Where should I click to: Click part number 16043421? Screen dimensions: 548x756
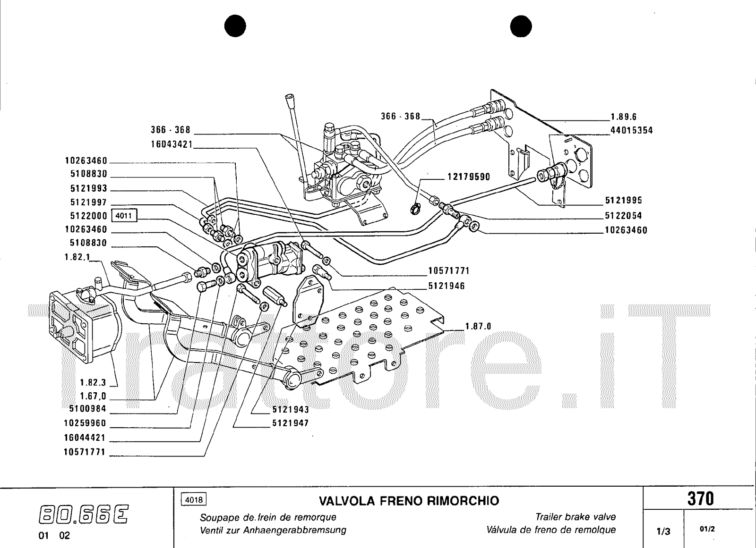[x=172, y=144]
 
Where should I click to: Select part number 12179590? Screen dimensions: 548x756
[x=469, y=177]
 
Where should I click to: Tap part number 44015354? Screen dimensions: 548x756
[x=631, y=130]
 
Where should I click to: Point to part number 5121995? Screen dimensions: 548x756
[x=624, y=201]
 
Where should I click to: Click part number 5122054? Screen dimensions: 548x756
[x=624, y=216]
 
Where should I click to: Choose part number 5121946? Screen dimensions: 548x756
[x=447, y=286]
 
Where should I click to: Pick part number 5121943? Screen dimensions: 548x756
[x=290, y=409]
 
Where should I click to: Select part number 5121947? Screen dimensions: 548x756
[x=290, y=423]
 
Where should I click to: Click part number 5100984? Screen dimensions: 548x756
[x=85, y=409]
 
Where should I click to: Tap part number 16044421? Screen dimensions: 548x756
[x=85, y=438]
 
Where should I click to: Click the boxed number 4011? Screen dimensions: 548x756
[x=123, y=216]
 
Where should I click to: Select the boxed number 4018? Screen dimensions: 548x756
[x=194, y=499]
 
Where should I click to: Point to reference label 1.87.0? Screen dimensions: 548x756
[x=478, y=326]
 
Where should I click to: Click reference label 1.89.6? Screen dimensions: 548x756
[x=624, y=117]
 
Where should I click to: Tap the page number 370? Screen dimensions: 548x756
[x=700, y=499]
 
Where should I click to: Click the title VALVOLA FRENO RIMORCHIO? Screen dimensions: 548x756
[x=409, y=500]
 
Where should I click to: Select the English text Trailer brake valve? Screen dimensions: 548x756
[x=576, y=517]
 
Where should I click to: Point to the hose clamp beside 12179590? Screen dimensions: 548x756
[x=416, y=207]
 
